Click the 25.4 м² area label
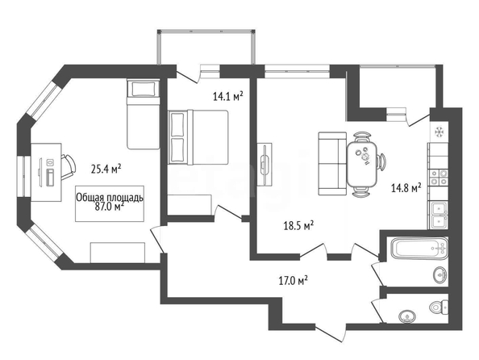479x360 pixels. click(x=106, y=169)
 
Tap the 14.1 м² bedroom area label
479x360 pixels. click(x=227, y=97)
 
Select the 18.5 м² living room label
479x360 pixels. click(x=298, y=226)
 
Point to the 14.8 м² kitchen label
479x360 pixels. click(x=406, y=187)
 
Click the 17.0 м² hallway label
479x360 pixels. click(x=293, y=280)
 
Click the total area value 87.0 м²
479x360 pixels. click(x=110, y=207)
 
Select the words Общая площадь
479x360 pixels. click(x=110, y=198)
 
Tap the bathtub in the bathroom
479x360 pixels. click(x=419, y=248)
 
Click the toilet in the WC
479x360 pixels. click(x=439, y=307)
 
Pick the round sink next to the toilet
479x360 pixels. click(x=407, y=316)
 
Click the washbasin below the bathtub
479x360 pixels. click(x=440, y=274)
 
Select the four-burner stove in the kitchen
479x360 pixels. click(x=439, y=178)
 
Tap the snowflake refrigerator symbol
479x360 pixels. click(x=439, y=132)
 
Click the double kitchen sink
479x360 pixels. click(x=439, y=215)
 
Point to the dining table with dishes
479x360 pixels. click(x=362, y=164)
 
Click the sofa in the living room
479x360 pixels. click(x=332, y=164)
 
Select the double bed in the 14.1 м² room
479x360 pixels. click(x=198, y=137)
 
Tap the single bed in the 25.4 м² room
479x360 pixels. click(x=143, y=114)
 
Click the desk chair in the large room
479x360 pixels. click(x=69, y=166)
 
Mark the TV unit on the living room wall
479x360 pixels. click(x=264, y=164)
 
